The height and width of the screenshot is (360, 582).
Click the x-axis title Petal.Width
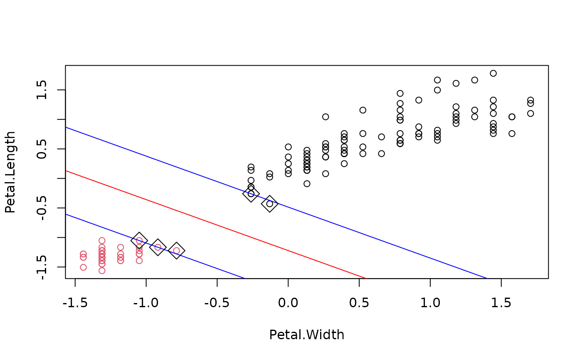306,335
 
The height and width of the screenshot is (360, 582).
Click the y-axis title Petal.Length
10,172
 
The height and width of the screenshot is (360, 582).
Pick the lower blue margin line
166,251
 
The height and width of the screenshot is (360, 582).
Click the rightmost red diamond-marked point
176,251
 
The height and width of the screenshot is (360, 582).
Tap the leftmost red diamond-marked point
139,241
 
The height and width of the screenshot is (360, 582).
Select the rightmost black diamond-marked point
269,204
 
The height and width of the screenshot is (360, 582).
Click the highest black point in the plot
493,73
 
